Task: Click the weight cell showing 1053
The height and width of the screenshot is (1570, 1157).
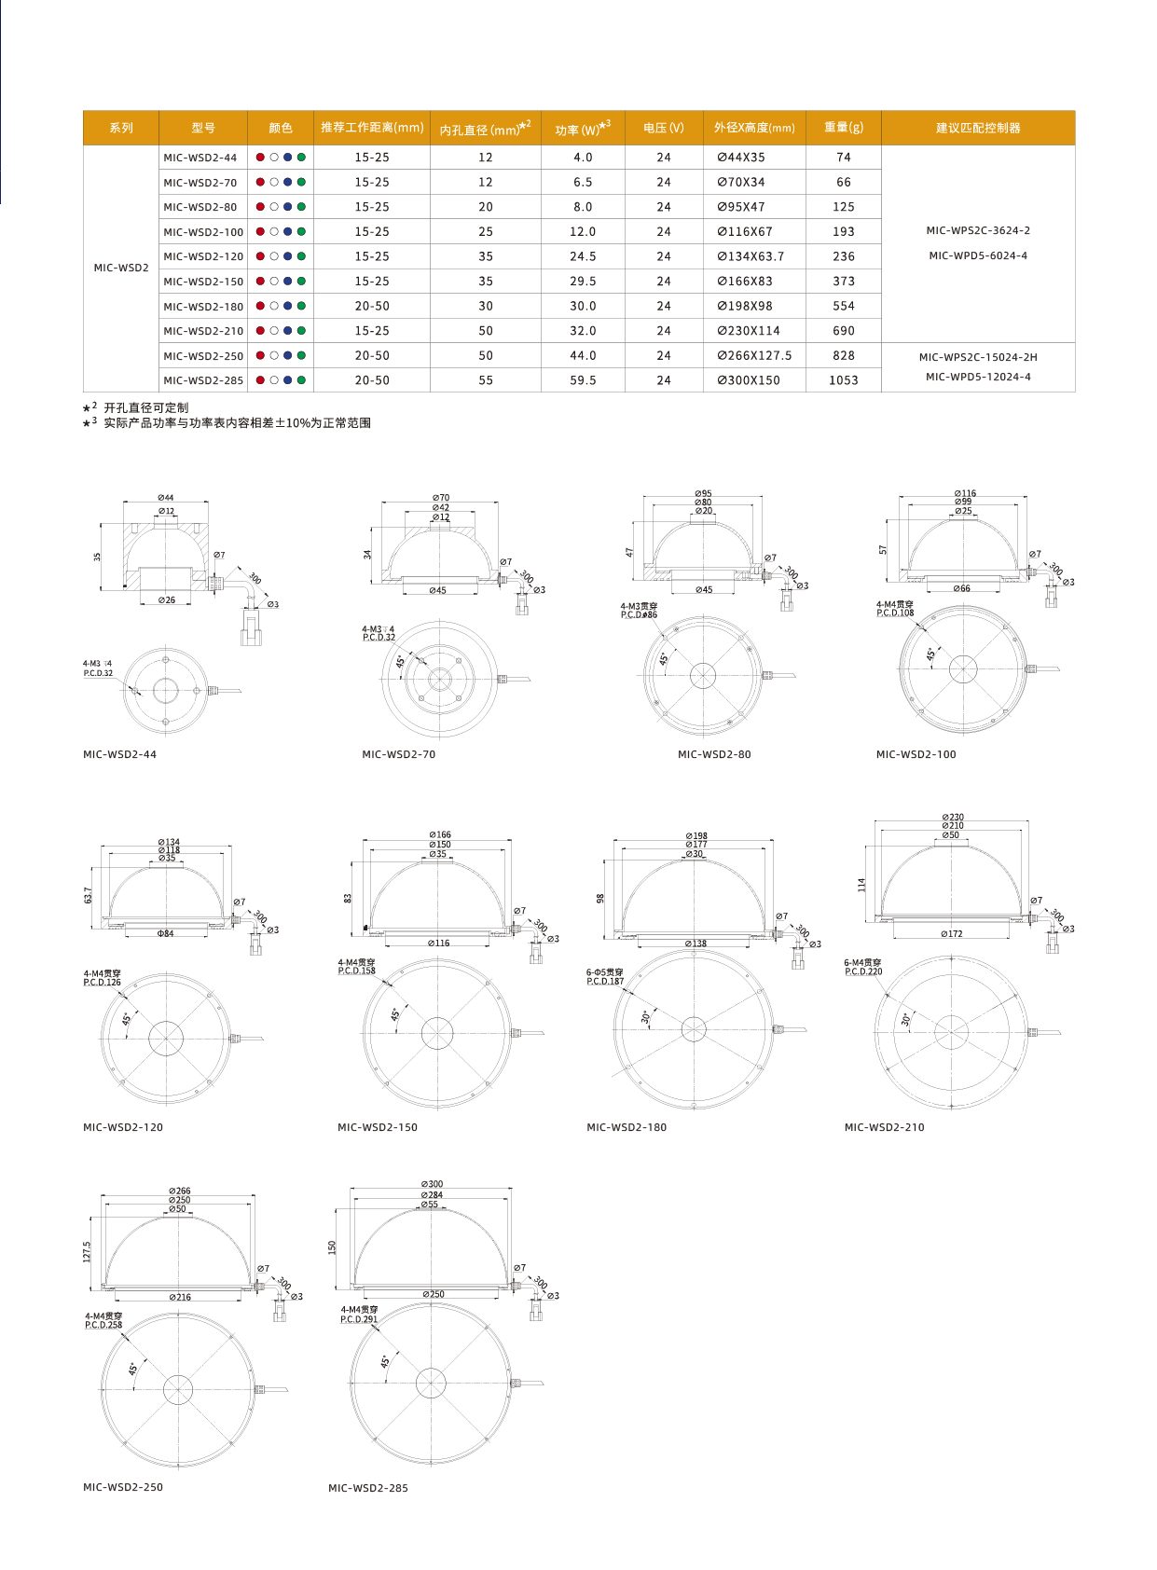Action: [843, 380]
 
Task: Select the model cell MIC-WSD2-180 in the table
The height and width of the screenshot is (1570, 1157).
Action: [203, 307]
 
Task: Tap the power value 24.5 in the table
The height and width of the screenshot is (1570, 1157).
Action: [583, 256]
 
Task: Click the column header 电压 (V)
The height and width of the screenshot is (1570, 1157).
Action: [663, 128]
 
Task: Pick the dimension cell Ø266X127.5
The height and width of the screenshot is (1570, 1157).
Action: [754, 356]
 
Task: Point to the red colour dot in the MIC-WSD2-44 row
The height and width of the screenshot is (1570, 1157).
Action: [260, 158]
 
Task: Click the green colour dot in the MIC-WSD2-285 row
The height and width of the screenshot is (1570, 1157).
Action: [301, 380]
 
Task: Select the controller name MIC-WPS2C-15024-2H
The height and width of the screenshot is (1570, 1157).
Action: [977, 357]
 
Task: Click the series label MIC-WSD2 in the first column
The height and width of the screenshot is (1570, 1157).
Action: [121, 268]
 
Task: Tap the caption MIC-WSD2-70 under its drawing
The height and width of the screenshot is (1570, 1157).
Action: [398, 754]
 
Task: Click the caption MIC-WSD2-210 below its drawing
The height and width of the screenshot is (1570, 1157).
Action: [884, 1127]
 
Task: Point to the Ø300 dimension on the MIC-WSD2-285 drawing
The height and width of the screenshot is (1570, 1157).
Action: [432, 1184]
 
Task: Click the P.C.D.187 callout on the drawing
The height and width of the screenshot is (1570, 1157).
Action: [605, 982]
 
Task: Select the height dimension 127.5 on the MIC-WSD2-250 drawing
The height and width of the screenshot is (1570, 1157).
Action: [88, 1251]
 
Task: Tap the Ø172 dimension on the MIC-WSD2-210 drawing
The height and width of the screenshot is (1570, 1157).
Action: [951, 933]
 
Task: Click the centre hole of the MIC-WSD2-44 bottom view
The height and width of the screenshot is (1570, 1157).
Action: [166, 691]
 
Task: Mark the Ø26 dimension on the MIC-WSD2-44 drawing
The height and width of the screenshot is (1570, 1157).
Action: [166, 600]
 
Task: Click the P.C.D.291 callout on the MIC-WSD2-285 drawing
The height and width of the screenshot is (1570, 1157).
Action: [359, 1319]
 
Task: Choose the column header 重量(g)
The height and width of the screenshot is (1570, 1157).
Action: [843, 128]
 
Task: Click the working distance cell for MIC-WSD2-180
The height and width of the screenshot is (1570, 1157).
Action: [371, 307]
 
